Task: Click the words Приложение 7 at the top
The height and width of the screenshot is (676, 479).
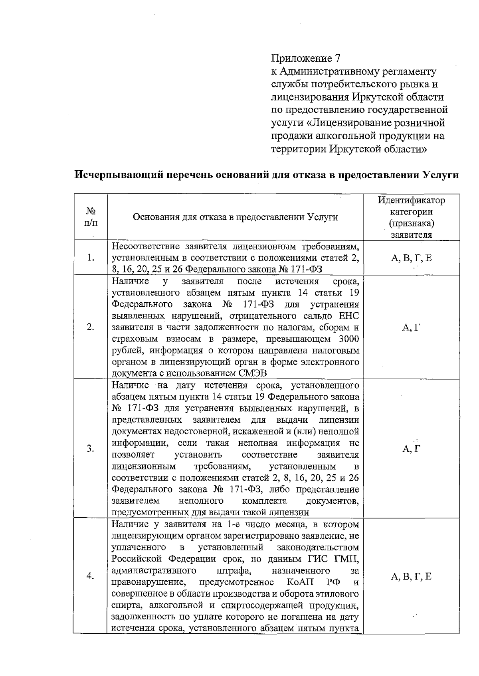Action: tap(306, 58)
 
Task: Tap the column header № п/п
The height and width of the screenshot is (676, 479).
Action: tap(91, 217)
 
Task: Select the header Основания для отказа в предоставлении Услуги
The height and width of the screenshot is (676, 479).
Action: tap(235, 217)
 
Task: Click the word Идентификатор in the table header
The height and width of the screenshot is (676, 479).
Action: tap(411, 200)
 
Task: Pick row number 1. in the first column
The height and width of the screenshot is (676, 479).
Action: tap(91, 258)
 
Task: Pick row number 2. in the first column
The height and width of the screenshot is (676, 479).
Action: tap(91, 327)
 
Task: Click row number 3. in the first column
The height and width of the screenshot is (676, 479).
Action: tap(91, 449)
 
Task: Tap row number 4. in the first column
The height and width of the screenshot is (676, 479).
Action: tap(91, 576)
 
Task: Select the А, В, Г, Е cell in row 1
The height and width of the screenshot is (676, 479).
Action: tap(411, 258)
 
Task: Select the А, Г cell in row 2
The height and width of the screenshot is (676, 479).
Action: tap(411, 327)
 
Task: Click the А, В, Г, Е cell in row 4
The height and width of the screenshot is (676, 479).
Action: tap(411, 576)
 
